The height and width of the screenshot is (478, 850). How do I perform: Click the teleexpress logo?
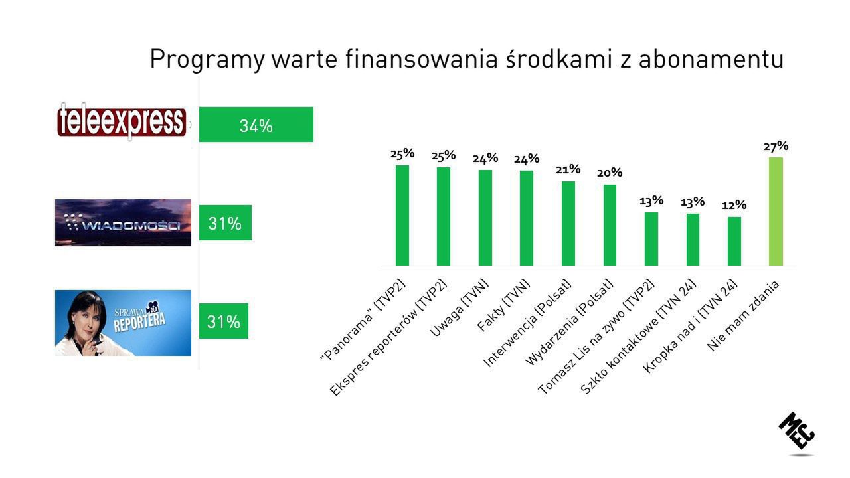coord(122,121)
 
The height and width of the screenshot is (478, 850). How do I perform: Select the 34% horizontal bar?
coord(256,125)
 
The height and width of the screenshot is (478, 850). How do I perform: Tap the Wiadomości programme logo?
coord(123,222)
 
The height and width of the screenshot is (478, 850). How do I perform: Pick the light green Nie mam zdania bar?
coord(776,211)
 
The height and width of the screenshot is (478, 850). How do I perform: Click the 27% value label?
coord(776,146)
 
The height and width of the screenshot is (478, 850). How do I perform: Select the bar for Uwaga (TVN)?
coord(485,218)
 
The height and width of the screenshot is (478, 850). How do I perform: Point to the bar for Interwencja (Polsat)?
coord(568,223)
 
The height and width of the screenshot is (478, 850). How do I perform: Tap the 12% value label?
coord(734,205)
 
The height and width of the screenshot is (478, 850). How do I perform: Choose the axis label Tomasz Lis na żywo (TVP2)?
coord(596,337)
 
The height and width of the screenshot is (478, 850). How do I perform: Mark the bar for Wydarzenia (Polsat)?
coord(610,225)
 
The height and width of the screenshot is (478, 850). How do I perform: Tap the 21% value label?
coord(568,169)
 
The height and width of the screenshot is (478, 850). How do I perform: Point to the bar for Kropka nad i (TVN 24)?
coord(734,241)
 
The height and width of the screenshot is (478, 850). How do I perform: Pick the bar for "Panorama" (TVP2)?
coord(402,215)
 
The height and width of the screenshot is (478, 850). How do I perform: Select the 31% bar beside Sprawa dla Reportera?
coord(223,321)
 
